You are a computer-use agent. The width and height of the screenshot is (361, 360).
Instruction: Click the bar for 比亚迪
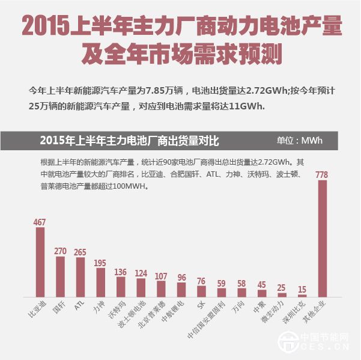[x=40, y=262]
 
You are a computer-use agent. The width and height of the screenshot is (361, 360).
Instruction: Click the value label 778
[x=322, y=175]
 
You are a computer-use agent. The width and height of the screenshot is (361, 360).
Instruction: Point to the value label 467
[x=40, y=222]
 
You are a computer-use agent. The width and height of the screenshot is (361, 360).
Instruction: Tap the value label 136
[x=121, y=272]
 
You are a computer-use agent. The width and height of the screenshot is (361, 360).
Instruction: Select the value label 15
[x=302, y=290]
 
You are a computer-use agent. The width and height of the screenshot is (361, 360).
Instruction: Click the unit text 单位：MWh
[x=299, y=141]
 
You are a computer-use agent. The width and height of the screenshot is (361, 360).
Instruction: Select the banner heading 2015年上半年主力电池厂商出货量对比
[x=129, y=141]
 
